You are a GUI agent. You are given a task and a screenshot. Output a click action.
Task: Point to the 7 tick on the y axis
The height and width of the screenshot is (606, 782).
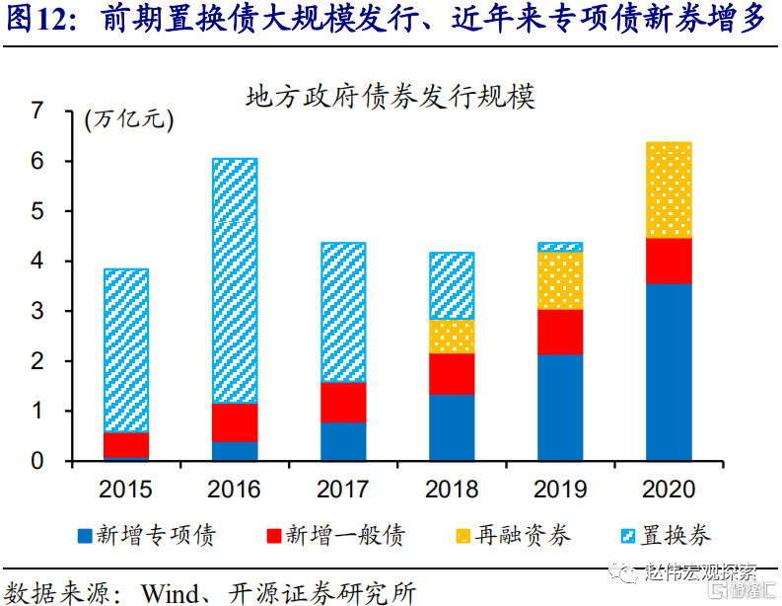point(37,112)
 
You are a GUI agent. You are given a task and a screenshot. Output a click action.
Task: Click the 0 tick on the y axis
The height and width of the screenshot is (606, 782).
point(37,461)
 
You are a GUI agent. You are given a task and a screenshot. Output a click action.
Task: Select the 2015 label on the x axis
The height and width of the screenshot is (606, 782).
point(125,489)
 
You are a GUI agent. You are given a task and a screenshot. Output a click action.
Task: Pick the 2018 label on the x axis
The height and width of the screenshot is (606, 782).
point(451,489)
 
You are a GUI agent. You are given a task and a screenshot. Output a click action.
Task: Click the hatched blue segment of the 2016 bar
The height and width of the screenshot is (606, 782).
point(235,281)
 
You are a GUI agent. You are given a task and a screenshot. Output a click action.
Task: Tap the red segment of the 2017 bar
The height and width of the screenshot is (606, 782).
point(343,402)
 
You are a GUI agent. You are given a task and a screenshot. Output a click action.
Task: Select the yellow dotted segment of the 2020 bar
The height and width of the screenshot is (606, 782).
point(669,190)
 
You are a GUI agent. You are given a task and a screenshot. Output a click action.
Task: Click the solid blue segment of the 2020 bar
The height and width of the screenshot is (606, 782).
point(669,372)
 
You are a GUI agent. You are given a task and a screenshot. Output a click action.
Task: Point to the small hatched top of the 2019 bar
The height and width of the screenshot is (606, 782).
point(560,247)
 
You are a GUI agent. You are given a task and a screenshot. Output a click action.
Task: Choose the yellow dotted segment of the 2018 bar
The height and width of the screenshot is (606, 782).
point(452,337)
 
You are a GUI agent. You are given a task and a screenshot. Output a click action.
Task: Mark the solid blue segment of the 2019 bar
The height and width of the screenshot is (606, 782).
point(560,408)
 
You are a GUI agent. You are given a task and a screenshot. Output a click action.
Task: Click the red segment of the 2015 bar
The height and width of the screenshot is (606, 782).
point(126,445)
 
